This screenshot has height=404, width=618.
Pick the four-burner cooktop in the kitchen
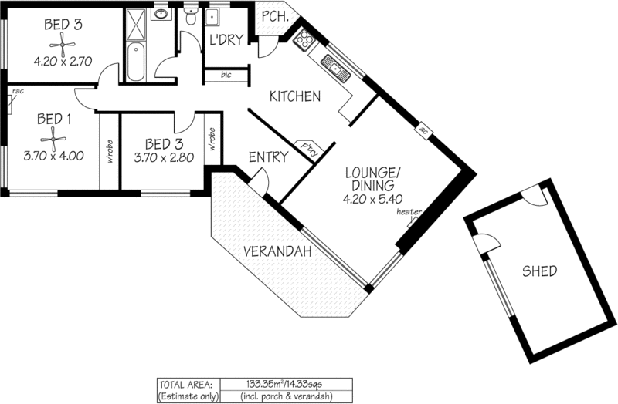(x=304, y=39)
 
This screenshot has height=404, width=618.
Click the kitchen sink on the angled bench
(x=337, y=71)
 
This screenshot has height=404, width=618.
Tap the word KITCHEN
(x=294, y=96)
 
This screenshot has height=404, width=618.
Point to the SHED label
(x=539, y=271)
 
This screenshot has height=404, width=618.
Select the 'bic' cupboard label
(x=226, y=75)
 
